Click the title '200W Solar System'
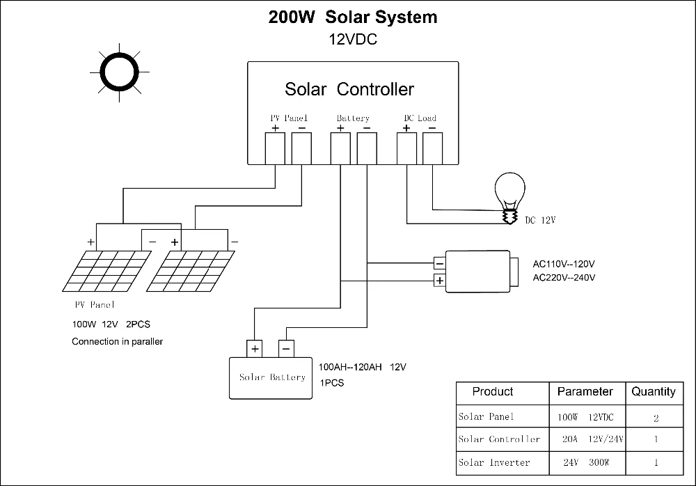coord(353,17)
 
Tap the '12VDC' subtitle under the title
coord(353,40)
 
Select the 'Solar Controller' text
coord(349,89)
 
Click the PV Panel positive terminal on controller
coord(276,148)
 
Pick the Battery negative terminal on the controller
coord(367,148)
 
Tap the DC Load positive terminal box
coord(406,148)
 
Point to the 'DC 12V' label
coord(541,221)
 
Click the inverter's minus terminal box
coord(439,263)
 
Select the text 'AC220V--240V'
coord(564,277)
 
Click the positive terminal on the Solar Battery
coord(255,348)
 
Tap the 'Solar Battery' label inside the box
coord(272,377)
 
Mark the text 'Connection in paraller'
coord(117,342)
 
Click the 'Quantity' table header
coord(653,392)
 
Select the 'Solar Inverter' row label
coord(494,462)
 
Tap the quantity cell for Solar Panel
coord(655,418)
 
